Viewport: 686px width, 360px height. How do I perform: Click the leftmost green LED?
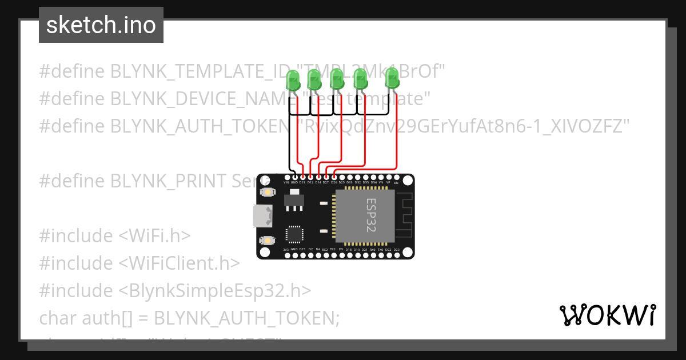point(293,80)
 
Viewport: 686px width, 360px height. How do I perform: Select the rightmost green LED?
point(392,78)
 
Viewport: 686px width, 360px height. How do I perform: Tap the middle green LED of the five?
point(337,79)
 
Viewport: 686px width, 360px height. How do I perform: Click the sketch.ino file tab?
point(101,25)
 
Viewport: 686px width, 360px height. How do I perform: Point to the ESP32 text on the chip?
point(371,215)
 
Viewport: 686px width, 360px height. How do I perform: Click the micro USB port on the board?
point(264,217)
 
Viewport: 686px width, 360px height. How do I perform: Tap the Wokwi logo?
point(607,315)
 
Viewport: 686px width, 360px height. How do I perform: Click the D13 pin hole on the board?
point(302,177)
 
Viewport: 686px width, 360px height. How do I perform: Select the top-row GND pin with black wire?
point(294,177)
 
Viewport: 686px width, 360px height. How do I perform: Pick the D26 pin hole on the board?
point(333,177)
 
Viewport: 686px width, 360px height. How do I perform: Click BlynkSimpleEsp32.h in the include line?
point(215,290)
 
